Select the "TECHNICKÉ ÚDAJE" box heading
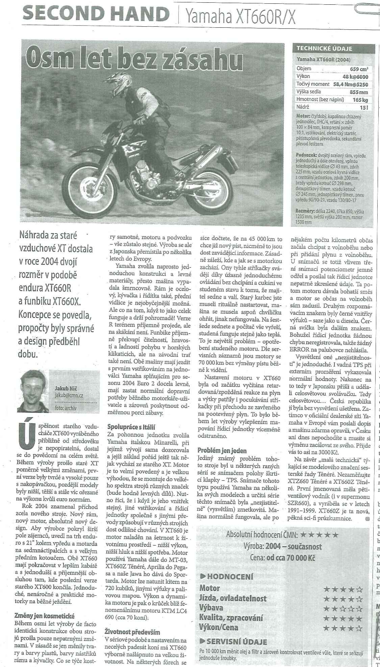(x=324, y=48)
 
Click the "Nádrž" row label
(x=304, y=107)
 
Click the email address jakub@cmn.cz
(x=69, y=395)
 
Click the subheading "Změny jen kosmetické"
(x=45, y=616)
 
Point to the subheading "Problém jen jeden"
(x=222, y=450)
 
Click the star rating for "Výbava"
(x=343, y=609)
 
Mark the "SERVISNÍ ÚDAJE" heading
(x=236, y=642)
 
